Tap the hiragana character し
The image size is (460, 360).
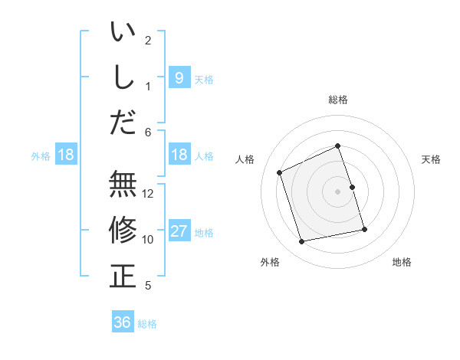coord(123,77)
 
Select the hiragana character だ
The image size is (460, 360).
coord(123,121)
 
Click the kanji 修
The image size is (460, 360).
coord(123,230)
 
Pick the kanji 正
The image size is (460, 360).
coord(123,276)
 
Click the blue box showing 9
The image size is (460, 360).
coord(179,77)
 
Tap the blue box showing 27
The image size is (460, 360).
coord(179,231)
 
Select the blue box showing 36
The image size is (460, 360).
coord(123,322)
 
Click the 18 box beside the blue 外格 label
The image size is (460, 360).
coord(66,155)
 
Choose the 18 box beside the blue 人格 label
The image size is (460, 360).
coord(179,155)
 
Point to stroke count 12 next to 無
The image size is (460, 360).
coord(149,193)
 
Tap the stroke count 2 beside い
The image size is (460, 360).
coord(148,40)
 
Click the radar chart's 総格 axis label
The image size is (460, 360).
coord(338,100)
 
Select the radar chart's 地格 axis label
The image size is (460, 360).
coord(402,262)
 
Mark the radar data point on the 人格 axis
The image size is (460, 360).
coord(280,172)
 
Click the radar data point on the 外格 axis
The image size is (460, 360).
coord(302,242)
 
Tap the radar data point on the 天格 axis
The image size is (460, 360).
coord(352,187)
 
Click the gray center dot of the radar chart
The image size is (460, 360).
coord(338,191)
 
